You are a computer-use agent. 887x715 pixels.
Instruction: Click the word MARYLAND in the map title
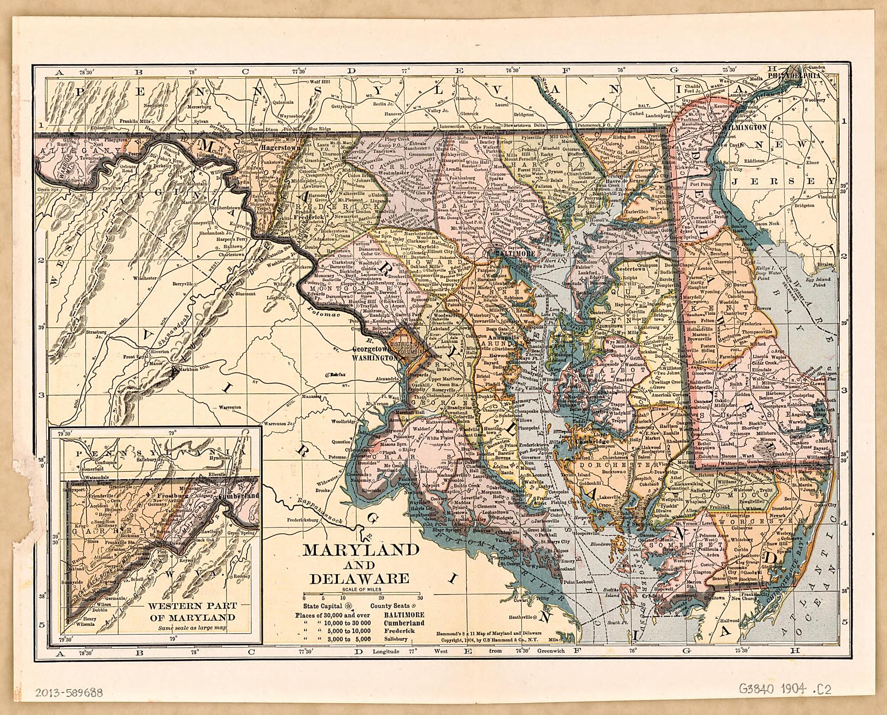pyautogui.click(x=361, y=550)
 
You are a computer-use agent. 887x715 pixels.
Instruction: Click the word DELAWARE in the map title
pyautogui.click(x=361, y=579)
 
